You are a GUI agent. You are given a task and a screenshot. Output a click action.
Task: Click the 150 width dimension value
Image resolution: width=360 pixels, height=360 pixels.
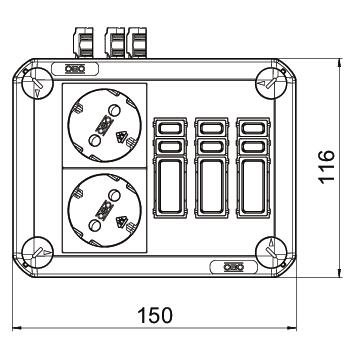coord(155,315)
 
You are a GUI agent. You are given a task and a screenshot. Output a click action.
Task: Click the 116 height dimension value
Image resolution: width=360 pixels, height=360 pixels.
coord(326,167)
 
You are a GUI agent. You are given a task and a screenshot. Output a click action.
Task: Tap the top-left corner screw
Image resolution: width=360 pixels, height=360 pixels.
coord(37,83)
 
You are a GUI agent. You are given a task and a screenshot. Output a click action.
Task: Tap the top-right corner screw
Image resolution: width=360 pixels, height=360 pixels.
coord(271,83)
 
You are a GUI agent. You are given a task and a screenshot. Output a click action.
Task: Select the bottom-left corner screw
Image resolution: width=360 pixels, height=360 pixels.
coord(37,252)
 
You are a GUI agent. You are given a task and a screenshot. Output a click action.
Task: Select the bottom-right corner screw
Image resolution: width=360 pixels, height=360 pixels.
coord(271,252)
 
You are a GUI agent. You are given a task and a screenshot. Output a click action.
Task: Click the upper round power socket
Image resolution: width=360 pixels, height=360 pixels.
coord(104,125)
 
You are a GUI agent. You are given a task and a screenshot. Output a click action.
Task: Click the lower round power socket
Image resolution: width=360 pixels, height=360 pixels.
coord(104,210)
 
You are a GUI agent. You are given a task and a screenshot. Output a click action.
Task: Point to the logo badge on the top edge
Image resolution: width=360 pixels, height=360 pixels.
coord(75,69)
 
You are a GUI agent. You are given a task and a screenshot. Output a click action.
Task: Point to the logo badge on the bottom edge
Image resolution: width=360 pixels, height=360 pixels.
coord(234,267)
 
